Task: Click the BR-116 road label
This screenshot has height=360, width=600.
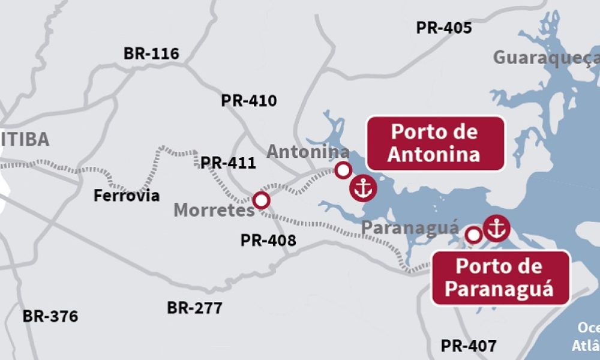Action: click(x=151, y=53)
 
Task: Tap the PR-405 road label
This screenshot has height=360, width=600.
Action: click(x=444, y=28)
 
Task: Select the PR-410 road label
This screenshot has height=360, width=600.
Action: click(x=249, y=100)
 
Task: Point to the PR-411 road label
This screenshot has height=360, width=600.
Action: click(x=228, y=163)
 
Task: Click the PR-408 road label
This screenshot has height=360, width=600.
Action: click(x=268, y=241)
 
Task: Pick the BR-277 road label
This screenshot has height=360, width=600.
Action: click(x=194, y=308)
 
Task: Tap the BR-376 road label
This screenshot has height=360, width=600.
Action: click(x=50, y=316)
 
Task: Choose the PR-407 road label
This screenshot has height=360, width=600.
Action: click(x=469, y=346)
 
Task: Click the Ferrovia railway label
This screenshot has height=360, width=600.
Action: click(x=127, y=196)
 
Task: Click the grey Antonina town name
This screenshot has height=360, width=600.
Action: click(x=308, y=152)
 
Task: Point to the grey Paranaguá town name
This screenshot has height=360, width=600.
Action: click(x=411, y=229)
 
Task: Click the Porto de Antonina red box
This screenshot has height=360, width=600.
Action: click(x=435, y=143)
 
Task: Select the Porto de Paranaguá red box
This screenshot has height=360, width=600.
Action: click(x=500, y=278)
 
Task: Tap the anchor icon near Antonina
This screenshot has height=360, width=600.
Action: click(x=362, y=188)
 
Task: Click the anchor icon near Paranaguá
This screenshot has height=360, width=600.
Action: click(x=496, y=227)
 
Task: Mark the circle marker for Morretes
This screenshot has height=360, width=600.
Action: click(x=261, y=200)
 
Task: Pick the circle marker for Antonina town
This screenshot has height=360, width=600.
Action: click(x=343, y=170)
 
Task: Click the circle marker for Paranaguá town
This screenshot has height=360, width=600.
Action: click(x=474, y=235)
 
